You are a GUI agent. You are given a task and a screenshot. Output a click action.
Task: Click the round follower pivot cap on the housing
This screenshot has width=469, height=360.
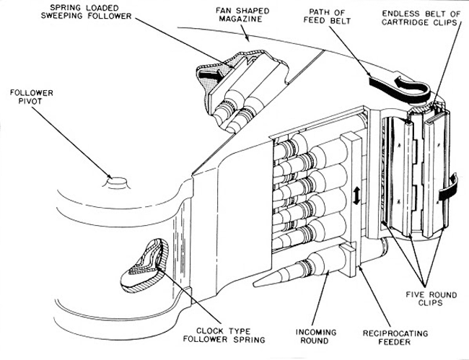coord(115,180)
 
